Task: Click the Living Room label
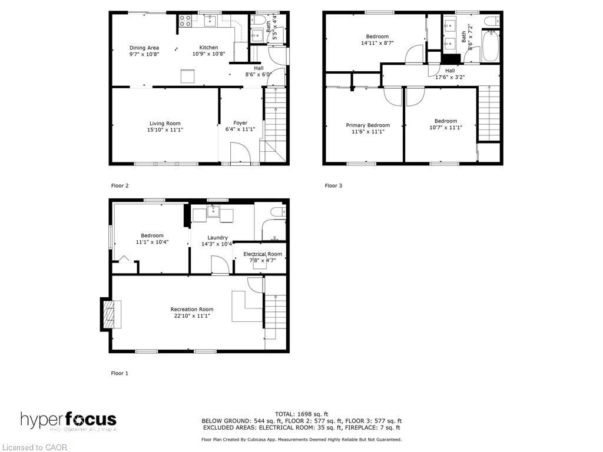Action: (165, 123)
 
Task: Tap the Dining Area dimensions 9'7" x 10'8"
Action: (144, 54)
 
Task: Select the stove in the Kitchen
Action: (185, 21)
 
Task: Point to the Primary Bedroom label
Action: (367, 125)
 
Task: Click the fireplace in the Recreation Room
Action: (108, 314)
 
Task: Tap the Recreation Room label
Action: (192, 309)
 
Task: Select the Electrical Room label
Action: (263, 254)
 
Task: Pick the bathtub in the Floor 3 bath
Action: (490, 47)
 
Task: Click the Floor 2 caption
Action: (120, 185)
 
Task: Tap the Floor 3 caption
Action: (333, 185)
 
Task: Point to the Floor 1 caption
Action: (120, 373)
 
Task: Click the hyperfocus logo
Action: (68, 420)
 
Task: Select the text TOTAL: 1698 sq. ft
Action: (301, 414)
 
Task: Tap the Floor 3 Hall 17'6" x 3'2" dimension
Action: (450, 77)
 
